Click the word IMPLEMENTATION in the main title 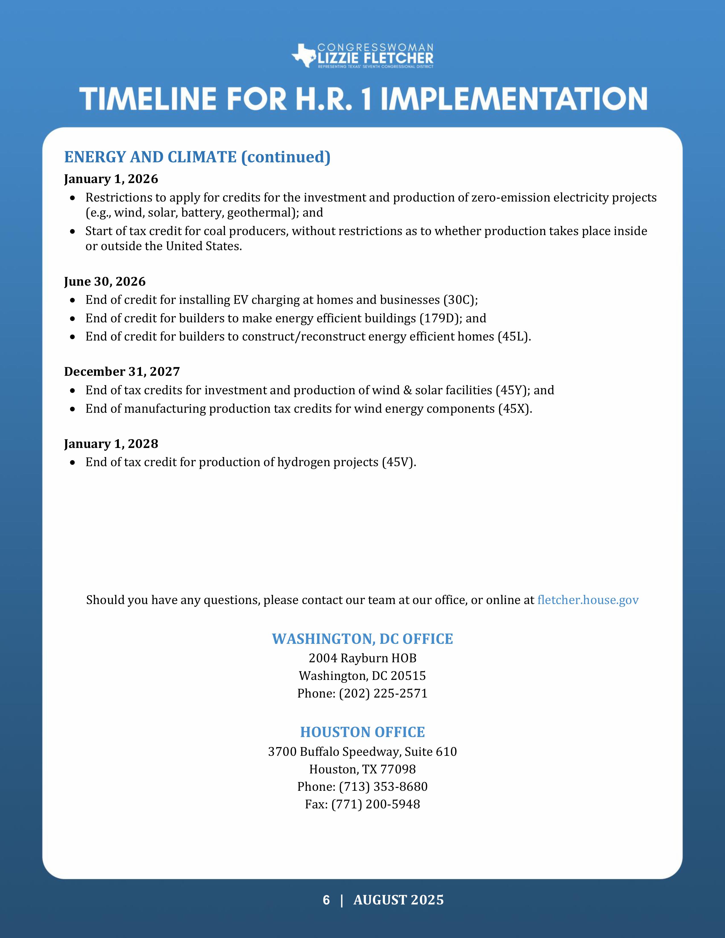coord(514,99)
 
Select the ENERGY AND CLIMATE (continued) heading coord(197,157)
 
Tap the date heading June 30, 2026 coord(105,282)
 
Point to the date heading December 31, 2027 coord(122,372)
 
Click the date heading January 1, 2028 coord(111,444)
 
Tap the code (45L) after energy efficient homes coord(514,337)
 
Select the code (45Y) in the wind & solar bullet coord(513,390)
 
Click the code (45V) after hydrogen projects coord(399,462)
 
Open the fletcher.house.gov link coord(588,600)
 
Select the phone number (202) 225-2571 coord(383,694)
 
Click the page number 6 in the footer coord(326,900)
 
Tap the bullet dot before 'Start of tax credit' coord(73,231)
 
